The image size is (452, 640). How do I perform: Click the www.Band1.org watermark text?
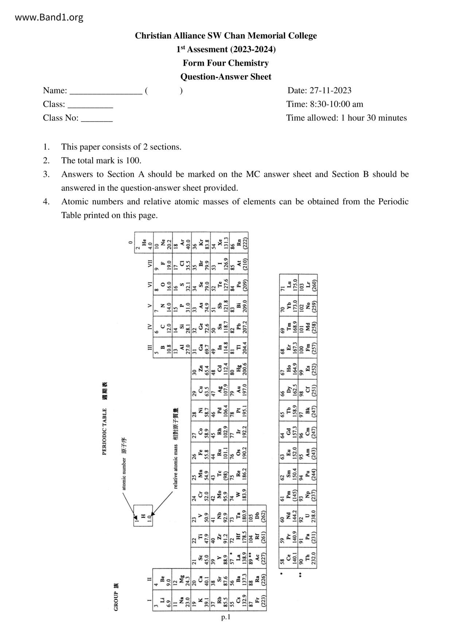coord(49,17)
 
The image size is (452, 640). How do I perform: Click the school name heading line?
coord(226,36)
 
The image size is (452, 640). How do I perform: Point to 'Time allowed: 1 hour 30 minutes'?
coord(346,118)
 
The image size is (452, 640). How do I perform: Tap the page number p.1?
coord(226,617)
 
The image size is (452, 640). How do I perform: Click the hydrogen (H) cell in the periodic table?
coord(143,515)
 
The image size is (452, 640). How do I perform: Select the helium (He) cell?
coord(144,241)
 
